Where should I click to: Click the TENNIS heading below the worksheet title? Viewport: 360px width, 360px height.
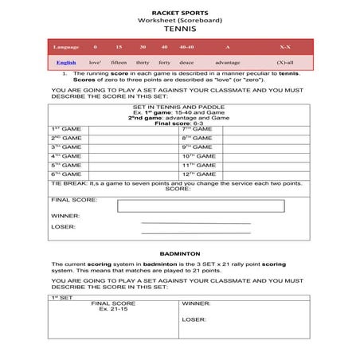179,28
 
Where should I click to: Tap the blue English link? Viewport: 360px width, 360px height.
66,62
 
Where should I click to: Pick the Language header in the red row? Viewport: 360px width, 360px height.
65,48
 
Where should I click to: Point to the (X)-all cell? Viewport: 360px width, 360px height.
284,62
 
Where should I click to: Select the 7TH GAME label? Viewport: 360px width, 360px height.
197,128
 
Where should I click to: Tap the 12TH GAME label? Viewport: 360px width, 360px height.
198,174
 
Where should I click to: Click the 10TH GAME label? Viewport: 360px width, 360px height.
198,156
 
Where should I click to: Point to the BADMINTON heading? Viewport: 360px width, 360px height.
179,252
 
